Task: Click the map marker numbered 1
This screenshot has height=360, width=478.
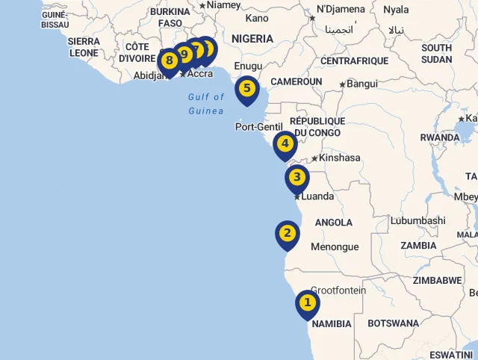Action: [307, 303]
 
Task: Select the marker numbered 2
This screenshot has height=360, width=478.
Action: [287, 234]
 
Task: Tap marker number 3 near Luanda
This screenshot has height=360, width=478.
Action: [297, 178]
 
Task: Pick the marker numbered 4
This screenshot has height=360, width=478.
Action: [285, 143]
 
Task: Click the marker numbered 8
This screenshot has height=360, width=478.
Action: [169, 60]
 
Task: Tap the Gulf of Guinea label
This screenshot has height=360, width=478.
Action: [205, 104]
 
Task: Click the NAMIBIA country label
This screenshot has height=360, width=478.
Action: [332, 324]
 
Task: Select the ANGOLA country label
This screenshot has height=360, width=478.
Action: [334, 223]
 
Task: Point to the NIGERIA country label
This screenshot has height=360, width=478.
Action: [252, 38]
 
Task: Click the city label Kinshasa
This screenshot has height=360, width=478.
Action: [340, 158]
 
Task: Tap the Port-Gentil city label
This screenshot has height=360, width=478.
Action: [259, 127]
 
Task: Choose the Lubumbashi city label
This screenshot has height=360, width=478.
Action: [418, 221]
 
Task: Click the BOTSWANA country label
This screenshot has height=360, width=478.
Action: [394, 323]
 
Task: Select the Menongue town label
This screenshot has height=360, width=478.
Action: [335, 247]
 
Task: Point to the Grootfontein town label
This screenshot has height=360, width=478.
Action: [338, 291]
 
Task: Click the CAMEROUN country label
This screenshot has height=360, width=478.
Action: [297, 81]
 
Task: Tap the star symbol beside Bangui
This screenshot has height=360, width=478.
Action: [343, 84]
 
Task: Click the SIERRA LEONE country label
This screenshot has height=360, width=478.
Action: [84, 47]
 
